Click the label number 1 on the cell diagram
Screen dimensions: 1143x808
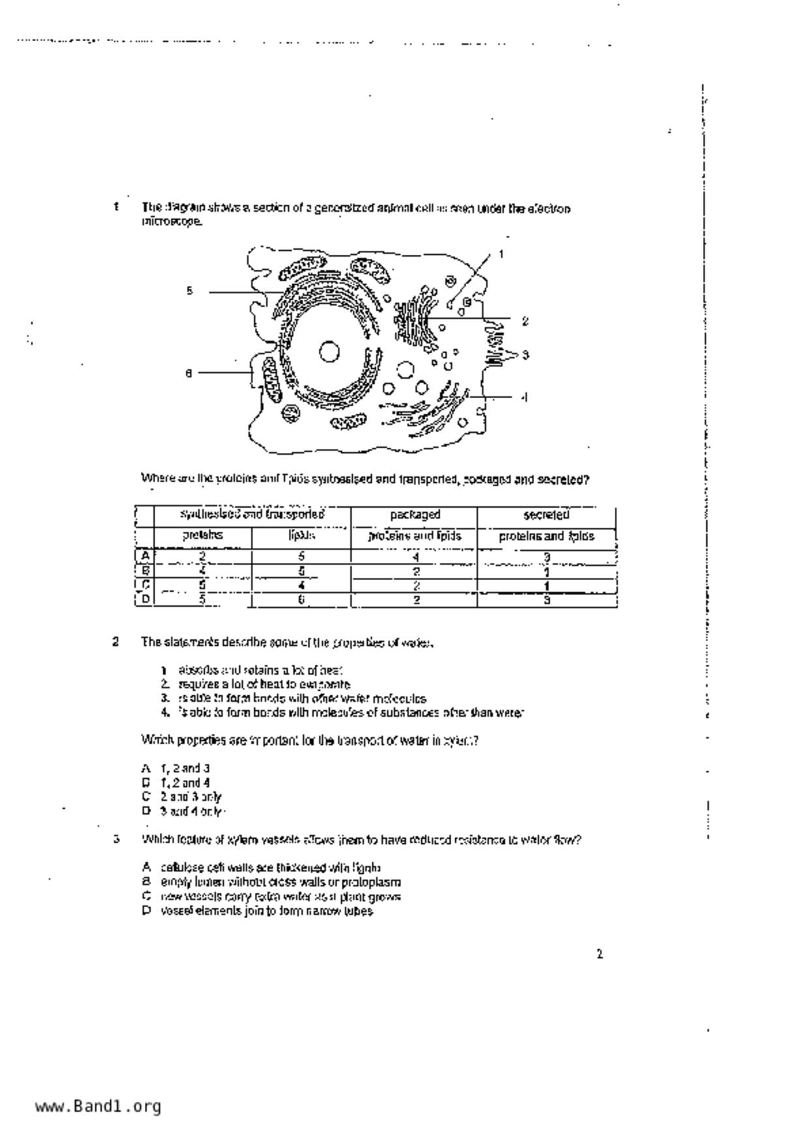(x=501, y=254)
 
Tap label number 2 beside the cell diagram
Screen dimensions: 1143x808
(x=525, y=321)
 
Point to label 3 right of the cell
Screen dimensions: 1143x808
(x=525, y=354)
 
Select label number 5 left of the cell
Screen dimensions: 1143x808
(x=189, y=291)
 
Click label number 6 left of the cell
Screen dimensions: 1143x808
(x=188, y=373)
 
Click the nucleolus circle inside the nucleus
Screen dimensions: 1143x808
(x=329, y=352)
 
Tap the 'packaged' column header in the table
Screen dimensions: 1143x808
(x=415, y=515)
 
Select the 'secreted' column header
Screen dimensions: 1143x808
(x=546, y=515)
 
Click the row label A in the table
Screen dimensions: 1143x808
(x=145, y=556)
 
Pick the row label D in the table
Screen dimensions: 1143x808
(x=145, y=599)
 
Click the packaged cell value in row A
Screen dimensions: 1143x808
(x=415, y=557)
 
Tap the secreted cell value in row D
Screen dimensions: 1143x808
(x=546, y=600)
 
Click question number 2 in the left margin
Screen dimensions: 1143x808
(x=115, y=642)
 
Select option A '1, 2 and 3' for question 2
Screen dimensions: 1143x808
(x=185, y=768)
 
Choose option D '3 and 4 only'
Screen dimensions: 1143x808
(x=191, y=812)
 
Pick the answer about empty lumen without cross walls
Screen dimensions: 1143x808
(x=280, y=882)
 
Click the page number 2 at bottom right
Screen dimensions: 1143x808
(x=599, y=955)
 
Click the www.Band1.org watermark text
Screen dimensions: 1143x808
(x=98, y=1107)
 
